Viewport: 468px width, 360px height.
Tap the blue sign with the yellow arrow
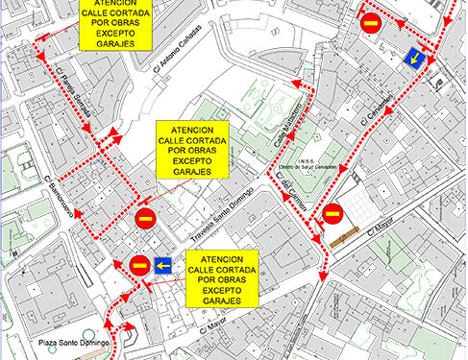pos(416,60)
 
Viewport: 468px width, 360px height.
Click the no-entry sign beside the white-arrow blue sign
pos(139,265)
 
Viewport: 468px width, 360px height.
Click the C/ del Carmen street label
pos(290,187)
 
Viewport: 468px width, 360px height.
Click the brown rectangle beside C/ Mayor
pos(344,236)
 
